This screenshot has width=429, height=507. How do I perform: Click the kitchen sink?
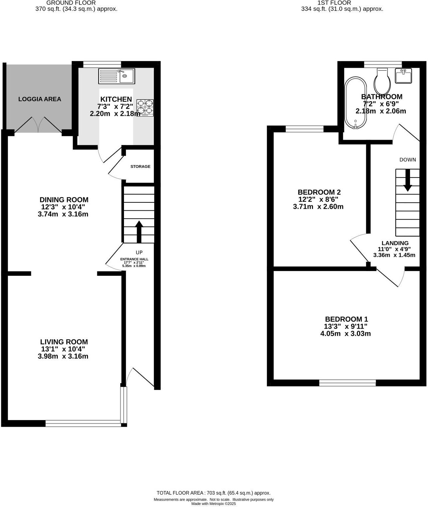point(117,76)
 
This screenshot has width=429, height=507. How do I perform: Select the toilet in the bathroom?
point(382,82)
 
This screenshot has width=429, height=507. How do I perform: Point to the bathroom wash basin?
point(403,76)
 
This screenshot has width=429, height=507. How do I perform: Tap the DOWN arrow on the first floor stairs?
point(407,181)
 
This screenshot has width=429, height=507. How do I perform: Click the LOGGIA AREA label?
point(40,99)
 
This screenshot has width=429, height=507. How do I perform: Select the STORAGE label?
point(140,167)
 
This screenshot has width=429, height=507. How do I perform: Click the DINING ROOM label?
point(64,200)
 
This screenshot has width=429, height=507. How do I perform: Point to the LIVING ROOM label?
point(64,342)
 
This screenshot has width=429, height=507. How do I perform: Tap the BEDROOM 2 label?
point(319,192)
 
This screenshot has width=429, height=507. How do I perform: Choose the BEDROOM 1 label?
point(346,319)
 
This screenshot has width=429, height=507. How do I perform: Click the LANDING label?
point(395,243)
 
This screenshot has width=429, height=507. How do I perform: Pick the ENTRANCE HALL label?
point(134,259)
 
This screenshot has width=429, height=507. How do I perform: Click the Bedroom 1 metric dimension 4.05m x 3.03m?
point(345,333)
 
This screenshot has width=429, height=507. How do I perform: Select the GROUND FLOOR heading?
point(71,3)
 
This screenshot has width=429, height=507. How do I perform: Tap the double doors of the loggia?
point(38,125)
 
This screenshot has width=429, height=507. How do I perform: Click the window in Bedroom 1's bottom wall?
point(347,383)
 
